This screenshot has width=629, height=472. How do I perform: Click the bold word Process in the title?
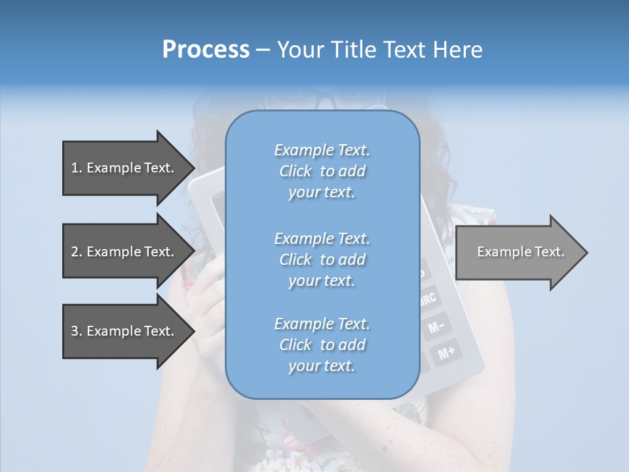(x=206, y=50)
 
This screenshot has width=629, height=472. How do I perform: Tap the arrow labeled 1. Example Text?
(x=124, y=168)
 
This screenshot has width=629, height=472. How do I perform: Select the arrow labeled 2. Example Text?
(x=124, y=252)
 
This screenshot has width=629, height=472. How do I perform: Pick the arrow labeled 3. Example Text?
(x=124, y=331)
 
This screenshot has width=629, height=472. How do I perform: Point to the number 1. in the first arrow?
(x=77, y=168)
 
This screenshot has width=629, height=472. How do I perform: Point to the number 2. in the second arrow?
(x=77, y=252)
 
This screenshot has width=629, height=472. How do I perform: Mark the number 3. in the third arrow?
(x=77, y=331)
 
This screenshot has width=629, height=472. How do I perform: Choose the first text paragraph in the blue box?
(x=322, y=171)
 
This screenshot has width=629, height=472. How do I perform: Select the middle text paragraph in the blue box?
(x=322, y=260)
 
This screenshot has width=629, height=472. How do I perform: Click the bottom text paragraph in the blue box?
(x=322, y=345)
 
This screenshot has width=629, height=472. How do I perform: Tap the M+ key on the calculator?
(x=447, y=353)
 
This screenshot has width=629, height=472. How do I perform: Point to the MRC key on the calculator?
(x=427, y=300)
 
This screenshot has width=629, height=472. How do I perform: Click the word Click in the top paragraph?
(x=295, y=171)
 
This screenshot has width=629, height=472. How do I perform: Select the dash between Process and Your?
(x=263, y=50)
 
